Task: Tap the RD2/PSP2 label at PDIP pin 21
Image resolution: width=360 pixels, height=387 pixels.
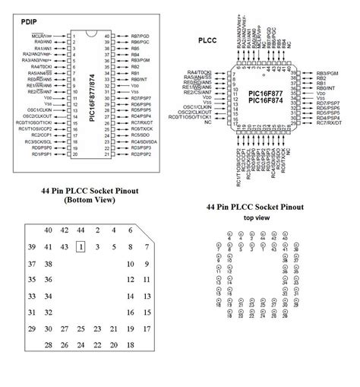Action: click(142, 154)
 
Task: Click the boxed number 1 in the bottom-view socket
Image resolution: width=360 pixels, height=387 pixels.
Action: click(81, 246)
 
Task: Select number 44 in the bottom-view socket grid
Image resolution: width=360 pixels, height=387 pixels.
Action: click(81, 230)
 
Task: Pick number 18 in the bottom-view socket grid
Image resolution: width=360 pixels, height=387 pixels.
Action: click(130, 345)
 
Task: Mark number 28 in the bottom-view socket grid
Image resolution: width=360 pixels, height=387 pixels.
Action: click(49, 345)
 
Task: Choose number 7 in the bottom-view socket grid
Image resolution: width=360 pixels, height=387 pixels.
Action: click(147, 247)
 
